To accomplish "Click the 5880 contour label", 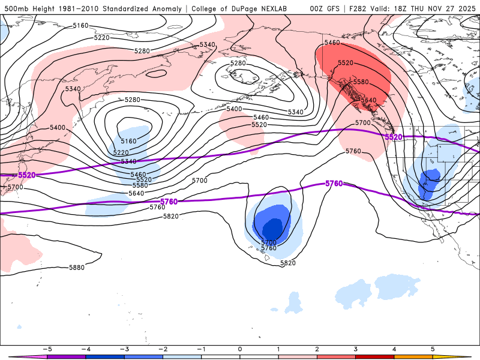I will pos(77,268).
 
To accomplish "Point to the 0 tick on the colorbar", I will pos(239,349).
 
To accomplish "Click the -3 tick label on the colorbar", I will pos(124,349).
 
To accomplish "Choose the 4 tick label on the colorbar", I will pos(394,349).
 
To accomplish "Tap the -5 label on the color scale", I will pos(46,349).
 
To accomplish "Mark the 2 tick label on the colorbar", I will pos(317,349).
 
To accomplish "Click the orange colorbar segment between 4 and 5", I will pos(413,357).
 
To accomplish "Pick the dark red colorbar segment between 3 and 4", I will pos(375,357).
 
